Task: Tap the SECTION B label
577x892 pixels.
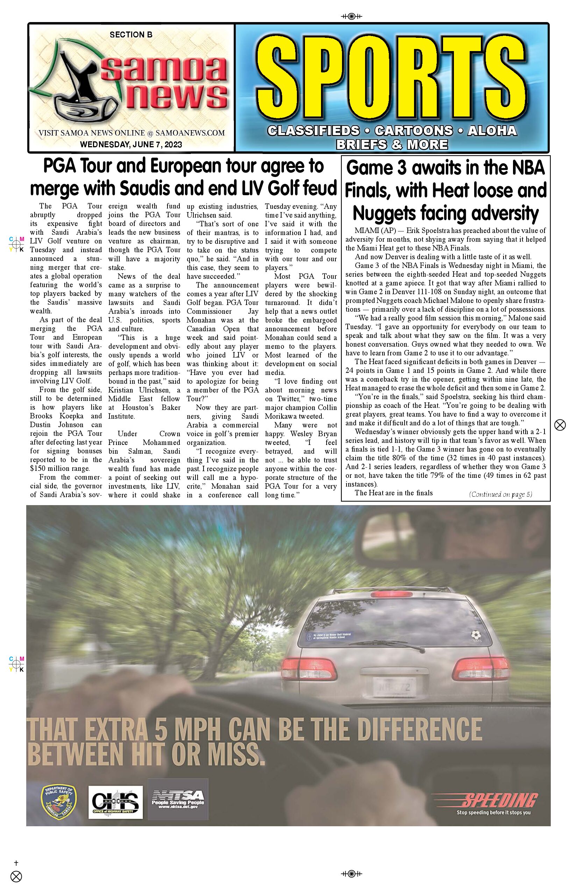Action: pos(131,35)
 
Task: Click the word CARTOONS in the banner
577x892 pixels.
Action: pos(414,131)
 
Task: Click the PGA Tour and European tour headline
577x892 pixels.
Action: pos(184,177)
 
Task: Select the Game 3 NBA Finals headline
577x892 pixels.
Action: pos(446,190)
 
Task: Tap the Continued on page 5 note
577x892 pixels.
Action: pos(500,494)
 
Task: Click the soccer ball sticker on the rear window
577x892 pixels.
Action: pos(476,635)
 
